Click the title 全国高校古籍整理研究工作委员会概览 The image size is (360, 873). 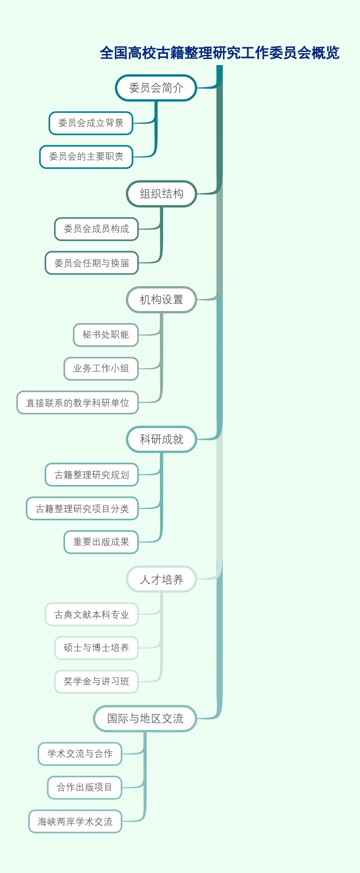[x=219, y=53]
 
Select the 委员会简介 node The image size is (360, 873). [x=156, y=88]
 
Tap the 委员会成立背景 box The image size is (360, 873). [x=91, y=123]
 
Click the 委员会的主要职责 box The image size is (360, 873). [x=86, y=157]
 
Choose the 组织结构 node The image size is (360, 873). [x=161, y=194]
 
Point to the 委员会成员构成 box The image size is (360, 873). [x=96, y=229]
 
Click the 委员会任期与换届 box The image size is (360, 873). [x=91, y=263]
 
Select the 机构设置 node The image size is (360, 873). [x=161, y=300]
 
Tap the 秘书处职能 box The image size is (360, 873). [x=106, y=335]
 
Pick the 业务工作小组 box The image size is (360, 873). [x=101, y=368]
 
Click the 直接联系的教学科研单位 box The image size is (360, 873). [x=78, y=402]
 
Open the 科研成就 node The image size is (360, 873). [x=161, y=439]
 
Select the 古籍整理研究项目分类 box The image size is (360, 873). [x=82, y=508]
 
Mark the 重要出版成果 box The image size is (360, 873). [x=101, y=542]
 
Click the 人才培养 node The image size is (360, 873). [x=161, y=579]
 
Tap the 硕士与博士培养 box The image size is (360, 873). [x=96, y=648]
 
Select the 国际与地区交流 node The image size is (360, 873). [x=145, y=719]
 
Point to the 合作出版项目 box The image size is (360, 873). [x=84, y=787]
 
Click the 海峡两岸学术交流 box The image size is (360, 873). [x=75, y=821]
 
